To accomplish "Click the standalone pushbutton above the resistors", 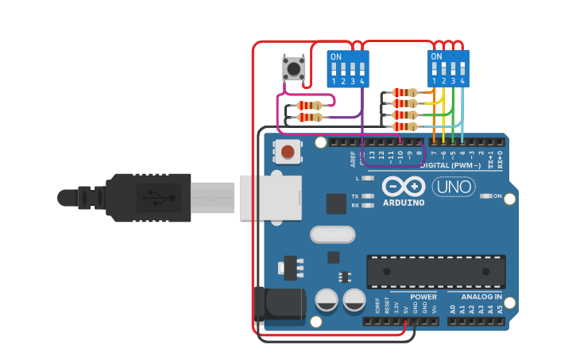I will pos(294,68).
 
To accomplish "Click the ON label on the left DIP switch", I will pos(336,57).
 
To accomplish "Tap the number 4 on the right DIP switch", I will pos(462,82).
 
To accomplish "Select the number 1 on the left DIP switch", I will pos(334,82).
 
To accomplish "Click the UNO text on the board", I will pos(454,188).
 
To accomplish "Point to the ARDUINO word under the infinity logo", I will pos(403,202).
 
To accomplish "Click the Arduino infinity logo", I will pos(403,187).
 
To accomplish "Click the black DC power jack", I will pos(280,306).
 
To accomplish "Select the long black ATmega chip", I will pos(435,272).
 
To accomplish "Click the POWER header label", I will pos(423,296).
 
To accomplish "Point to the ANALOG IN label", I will pos(481,296).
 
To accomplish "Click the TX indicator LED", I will pos(367,196).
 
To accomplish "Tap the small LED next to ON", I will pos(485,195).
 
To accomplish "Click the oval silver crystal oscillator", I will pos(332,234).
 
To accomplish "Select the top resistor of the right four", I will pos(405,93).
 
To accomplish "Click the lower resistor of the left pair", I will pos(308,118).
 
